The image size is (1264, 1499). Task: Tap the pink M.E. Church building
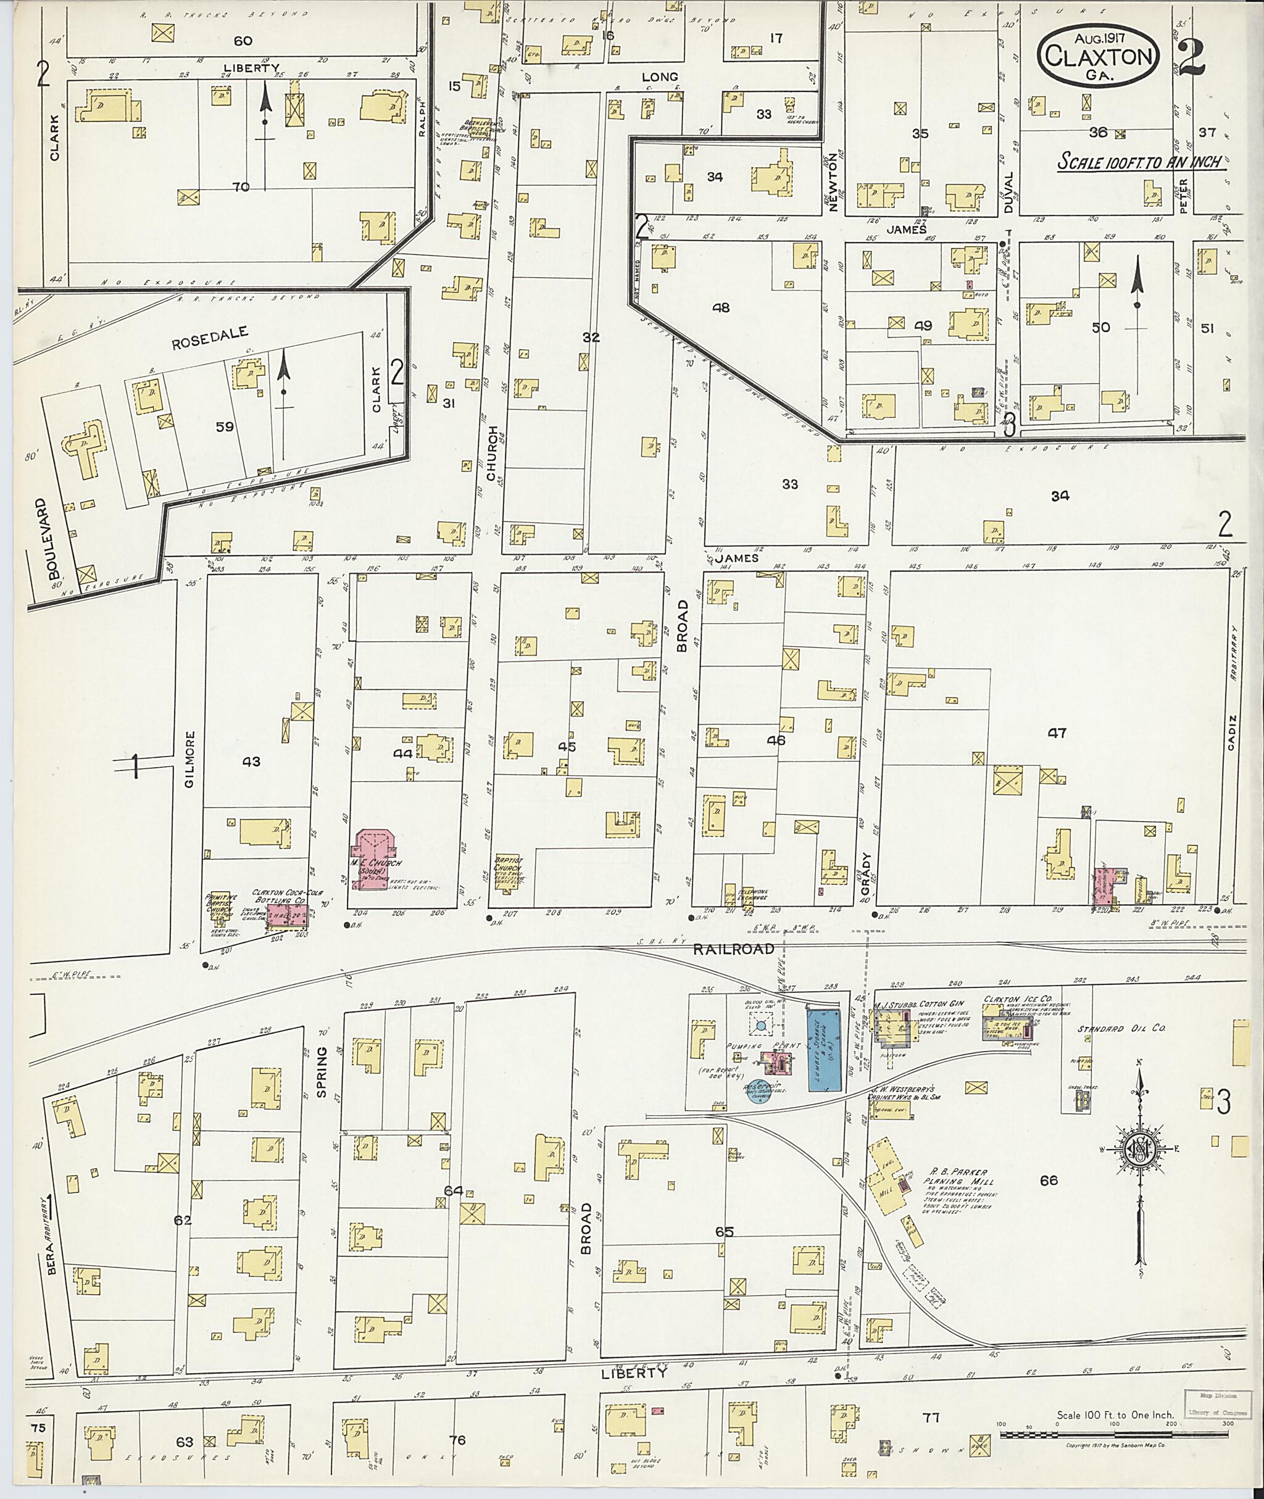[373, 858]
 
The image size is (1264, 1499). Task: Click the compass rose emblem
[1137, 1151]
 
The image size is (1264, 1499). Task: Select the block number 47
[1058, 733]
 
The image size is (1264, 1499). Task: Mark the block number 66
[1049, 1180]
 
